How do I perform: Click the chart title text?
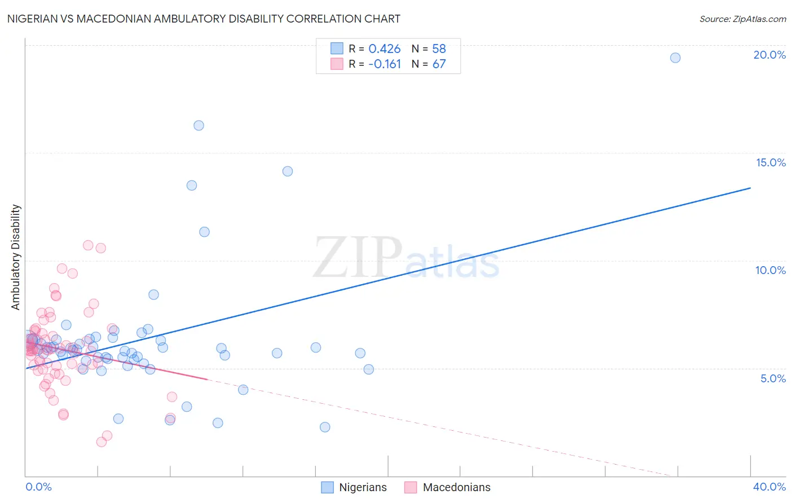coord(204,19)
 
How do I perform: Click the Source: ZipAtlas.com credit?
coord(742,19)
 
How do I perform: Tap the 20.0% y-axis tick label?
coord(769,55)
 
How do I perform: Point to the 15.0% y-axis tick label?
coord(770,162)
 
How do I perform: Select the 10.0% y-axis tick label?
coord(770,270)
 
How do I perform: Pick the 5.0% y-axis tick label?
coord(773,378)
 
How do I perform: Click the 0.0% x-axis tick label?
coord(38,487)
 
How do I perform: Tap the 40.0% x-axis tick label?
coord(769,487)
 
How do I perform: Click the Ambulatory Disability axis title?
coord(16,257)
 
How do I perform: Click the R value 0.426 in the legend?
coord(384,49)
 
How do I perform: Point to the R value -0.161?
coord(384,64)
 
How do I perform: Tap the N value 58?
coord(439,49)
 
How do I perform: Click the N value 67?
coord(439,64)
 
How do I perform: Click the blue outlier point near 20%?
coord(675,58)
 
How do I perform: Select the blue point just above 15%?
coord(199,125)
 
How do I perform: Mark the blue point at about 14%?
coord(288,171)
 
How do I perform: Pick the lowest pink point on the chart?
coord(102,442)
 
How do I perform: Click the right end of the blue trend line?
coord(750,188)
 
